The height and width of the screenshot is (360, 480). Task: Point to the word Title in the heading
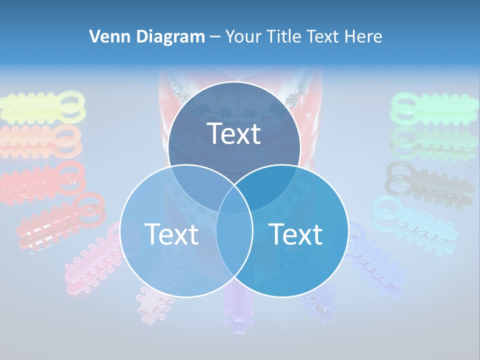tap(289, 36)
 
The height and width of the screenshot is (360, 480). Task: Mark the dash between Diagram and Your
tap(215, 37)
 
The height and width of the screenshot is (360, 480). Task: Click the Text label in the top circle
tap(234, 133)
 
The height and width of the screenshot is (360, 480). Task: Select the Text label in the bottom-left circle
tap(171, 233)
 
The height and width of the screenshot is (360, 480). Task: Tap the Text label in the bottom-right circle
tap(296, 233)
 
